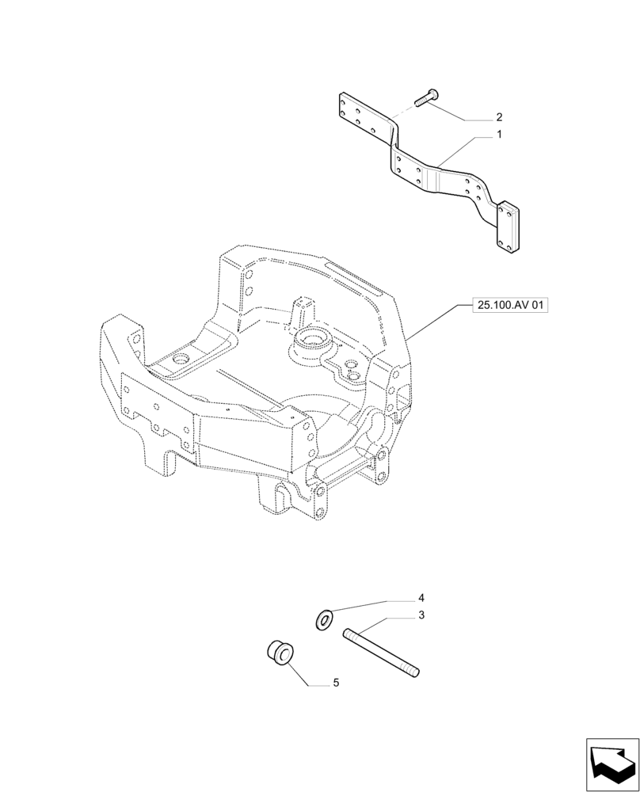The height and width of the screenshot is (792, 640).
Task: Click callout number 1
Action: [499, 135]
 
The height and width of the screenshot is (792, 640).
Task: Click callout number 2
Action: [499, 116]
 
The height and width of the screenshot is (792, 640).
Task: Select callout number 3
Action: [422, 614]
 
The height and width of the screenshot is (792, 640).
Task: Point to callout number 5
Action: [336, 682]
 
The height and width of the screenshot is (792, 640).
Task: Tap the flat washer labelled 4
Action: [323, 619]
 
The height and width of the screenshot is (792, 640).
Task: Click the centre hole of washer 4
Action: [323, 619]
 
